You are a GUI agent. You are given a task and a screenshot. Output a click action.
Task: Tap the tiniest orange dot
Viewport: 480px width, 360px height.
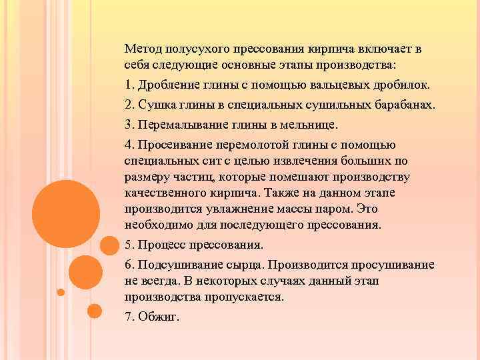[x=61, y=292]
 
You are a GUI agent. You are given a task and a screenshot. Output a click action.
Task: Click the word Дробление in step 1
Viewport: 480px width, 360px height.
[x=168, y=86]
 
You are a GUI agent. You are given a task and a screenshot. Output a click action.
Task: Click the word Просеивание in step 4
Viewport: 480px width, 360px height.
[x=173, y=145]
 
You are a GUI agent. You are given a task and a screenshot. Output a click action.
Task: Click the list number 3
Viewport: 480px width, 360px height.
[x=129, y=125]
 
